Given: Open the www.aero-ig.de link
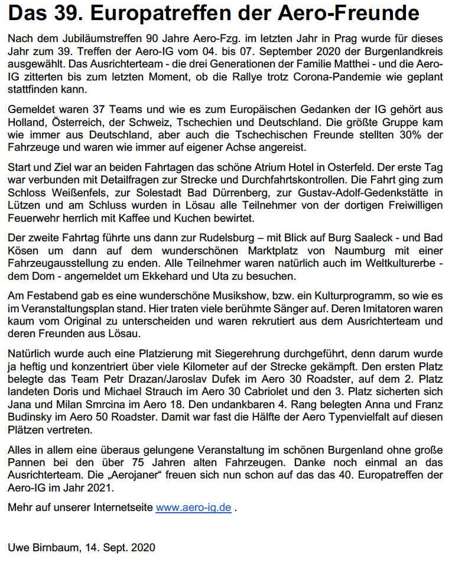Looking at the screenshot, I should point(193,508).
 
